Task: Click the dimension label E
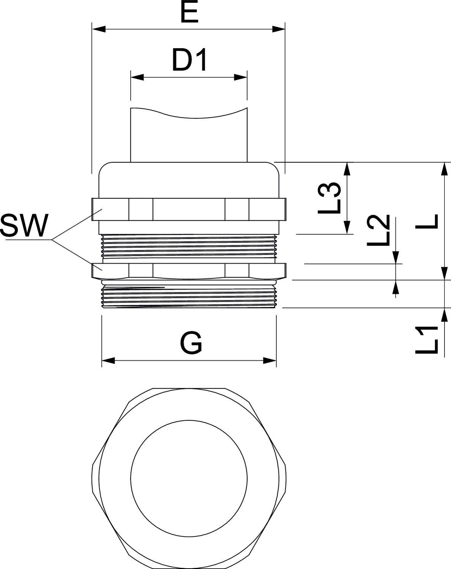[x=189, y=13]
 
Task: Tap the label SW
[x=25, y=226]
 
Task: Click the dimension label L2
[x=378, y=230]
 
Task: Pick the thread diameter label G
[x=191, y=343]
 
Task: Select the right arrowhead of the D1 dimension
[x=241, y=77]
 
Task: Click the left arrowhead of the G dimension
[x=108, y=360]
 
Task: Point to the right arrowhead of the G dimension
[x=270, y=360]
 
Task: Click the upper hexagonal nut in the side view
[x=189, y=209]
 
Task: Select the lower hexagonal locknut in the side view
[x=189, y=270]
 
